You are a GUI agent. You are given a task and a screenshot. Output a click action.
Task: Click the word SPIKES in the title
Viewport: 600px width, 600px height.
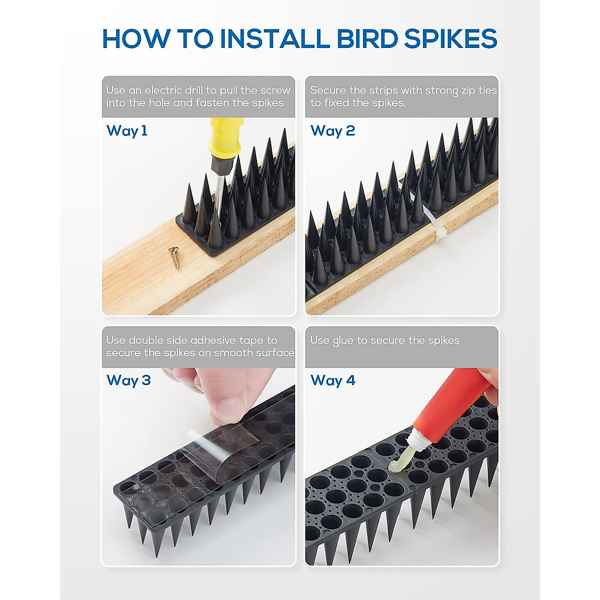451,39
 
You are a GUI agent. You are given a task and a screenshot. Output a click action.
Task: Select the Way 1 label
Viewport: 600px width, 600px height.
127,131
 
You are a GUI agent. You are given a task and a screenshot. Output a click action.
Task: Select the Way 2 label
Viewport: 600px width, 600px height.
332,131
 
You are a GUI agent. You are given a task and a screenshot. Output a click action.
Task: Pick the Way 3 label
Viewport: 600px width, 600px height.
128,380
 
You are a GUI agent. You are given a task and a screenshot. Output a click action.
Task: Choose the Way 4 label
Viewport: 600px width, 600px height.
332,380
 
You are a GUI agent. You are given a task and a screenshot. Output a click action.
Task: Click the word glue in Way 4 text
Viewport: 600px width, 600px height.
343,341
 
